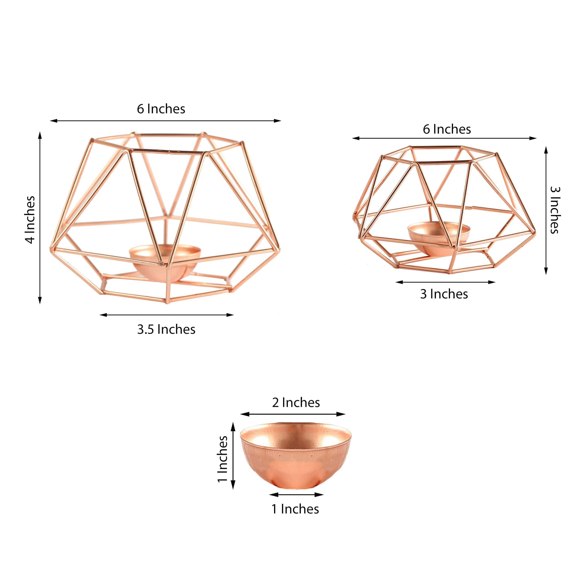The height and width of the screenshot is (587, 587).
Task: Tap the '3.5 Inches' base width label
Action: [166, 330]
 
